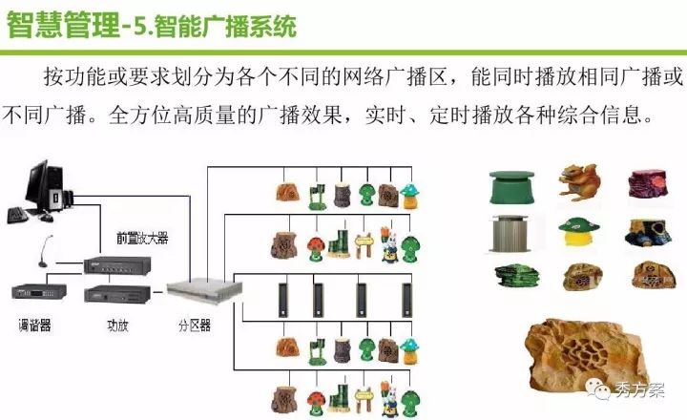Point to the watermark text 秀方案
click(x=636, y=388)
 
